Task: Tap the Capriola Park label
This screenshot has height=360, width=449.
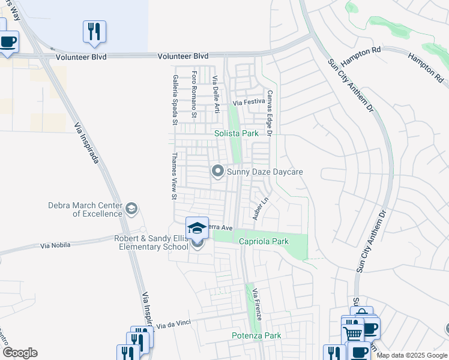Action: coord(264,242)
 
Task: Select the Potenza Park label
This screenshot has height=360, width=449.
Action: coord(256,336)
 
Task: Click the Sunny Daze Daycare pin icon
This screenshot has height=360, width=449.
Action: coord(217,172)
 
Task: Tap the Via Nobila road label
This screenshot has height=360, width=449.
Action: coord(55,245)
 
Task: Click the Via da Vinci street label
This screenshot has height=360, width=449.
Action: coord(173,324)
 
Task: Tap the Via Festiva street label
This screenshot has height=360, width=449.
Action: coord(249,102)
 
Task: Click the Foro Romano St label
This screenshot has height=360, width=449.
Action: coord(194,94)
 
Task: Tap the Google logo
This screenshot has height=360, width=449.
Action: coord(20,353)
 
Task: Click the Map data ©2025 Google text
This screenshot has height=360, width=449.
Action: coord(412,355)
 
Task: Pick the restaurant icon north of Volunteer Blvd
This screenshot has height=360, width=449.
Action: coord(94,32)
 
